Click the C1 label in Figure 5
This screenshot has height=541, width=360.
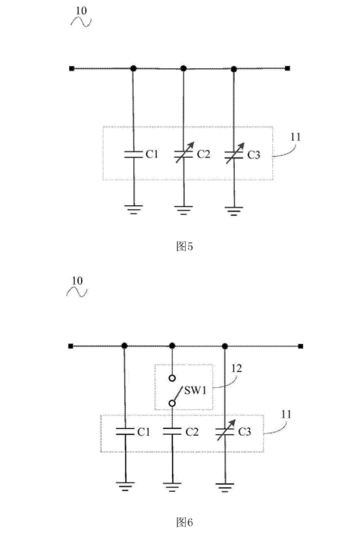[152, 154]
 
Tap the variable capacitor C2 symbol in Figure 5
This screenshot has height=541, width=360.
[183, 154]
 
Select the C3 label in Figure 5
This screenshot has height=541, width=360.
[254, 155]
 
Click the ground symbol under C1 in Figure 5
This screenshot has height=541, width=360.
[133, 209]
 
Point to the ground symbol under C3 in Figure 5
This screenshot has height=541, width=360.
[234, 211]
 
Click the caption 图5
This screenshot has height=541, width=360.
[184, 246]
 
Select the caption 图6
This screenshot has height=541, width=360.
[184, 522]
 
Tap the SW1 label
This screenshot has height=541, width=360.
[196, 390]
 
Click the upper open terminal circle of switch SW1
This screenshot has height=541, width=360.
[172, 378]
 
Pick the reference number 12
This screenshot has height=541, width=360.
[236, 368]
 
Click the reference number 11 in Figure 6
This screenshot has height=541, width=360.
[286, 414]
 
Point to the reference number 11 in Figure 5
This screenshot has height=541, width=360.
[296, 137]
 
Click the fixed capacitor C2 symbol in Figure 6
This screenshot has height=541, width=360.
[172, 431]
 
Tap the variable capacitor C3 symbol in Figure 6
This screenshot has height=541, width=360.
[225, 430]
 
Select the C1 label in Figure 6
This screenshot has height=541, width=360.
[143, 432]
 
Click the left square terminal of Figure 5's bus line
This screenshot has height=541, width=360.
[72, 68]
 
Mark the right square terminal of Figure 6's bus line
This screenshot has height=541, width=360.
[301, 346]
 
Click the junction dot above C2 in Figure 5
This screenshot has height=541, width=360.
[183, 69]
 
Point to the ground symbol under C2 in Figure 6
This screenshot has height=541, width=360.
[172, 487]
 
